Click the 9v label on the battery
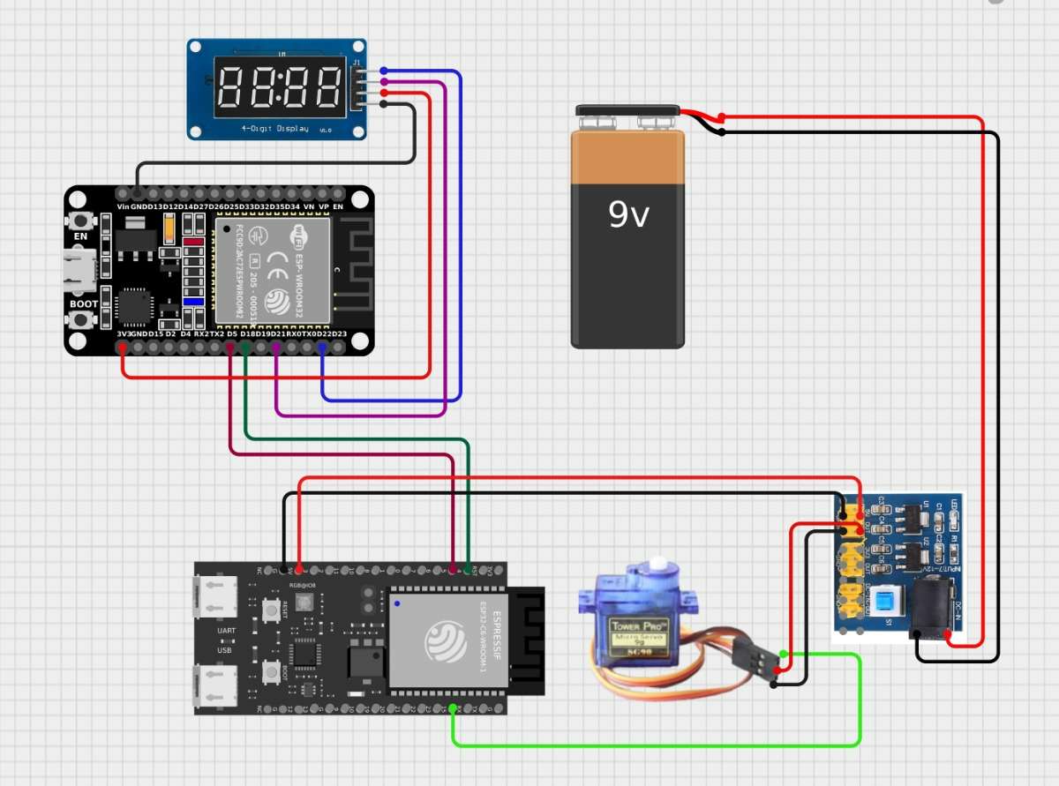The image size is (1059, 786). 627,213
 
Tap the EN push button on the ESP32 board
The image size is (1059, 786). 81,220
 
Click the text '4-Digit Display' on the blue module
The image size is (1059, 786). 274,129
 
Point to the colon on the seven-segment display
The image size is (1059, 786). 279,87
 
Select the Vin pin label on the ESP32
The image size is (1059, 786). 123,206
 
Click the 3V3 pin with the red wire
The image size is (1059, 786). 123,348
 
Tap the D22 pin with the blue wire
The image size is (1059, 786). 323,348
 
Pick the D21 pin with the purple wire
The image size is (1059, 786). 277,348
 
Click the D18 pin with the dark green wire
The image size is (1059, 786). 246,348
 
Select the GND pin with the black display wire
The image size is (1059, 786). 138,191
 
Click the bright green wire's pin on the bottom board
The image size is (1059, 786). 454,709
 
